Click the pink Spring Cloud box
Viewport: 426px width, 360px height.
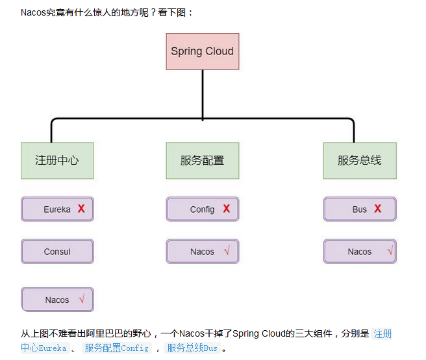[x=202, y=51]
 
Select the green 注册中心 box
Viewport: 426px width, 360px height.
[x=57, y=160]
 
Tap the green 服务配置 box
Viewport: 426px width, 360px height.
[x=202, y=160]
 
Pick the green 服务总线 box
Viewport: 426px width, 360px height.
[x=360, y=160]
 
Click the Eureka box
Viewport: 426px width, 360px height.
[x=57, y=210]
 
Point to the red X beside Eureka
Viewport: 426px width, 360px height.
[x=81, y=209]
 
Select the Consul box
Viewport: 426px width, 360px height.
[x=57, y=252]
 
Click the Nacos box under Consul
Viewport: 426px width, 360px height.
[x=57, y=300]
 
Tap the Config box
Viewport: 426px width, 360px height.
[x=202, y=210]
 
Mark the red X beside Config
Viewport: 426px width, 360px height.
[x=227, y=209]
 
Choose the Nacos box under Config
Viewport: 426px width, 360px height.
[x=202, y=252]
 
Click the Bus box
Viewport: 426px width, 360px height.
[x=360, y=210]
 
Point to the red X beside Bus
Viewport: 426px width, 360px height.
[x=377, y=209]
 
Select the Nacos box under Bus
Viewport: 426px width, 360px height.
[x=360, y=252]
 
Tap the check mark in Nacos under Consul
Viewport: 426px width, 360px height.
[x=81, y=299]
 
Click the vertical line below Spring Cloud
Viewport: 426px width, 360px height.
[x=203, y=94]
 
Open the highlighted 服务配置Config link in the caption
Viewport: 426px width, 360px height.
[x=116, y=348]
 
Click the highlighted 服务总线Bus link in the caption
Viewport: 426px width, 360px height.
[x=192, y=348]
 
